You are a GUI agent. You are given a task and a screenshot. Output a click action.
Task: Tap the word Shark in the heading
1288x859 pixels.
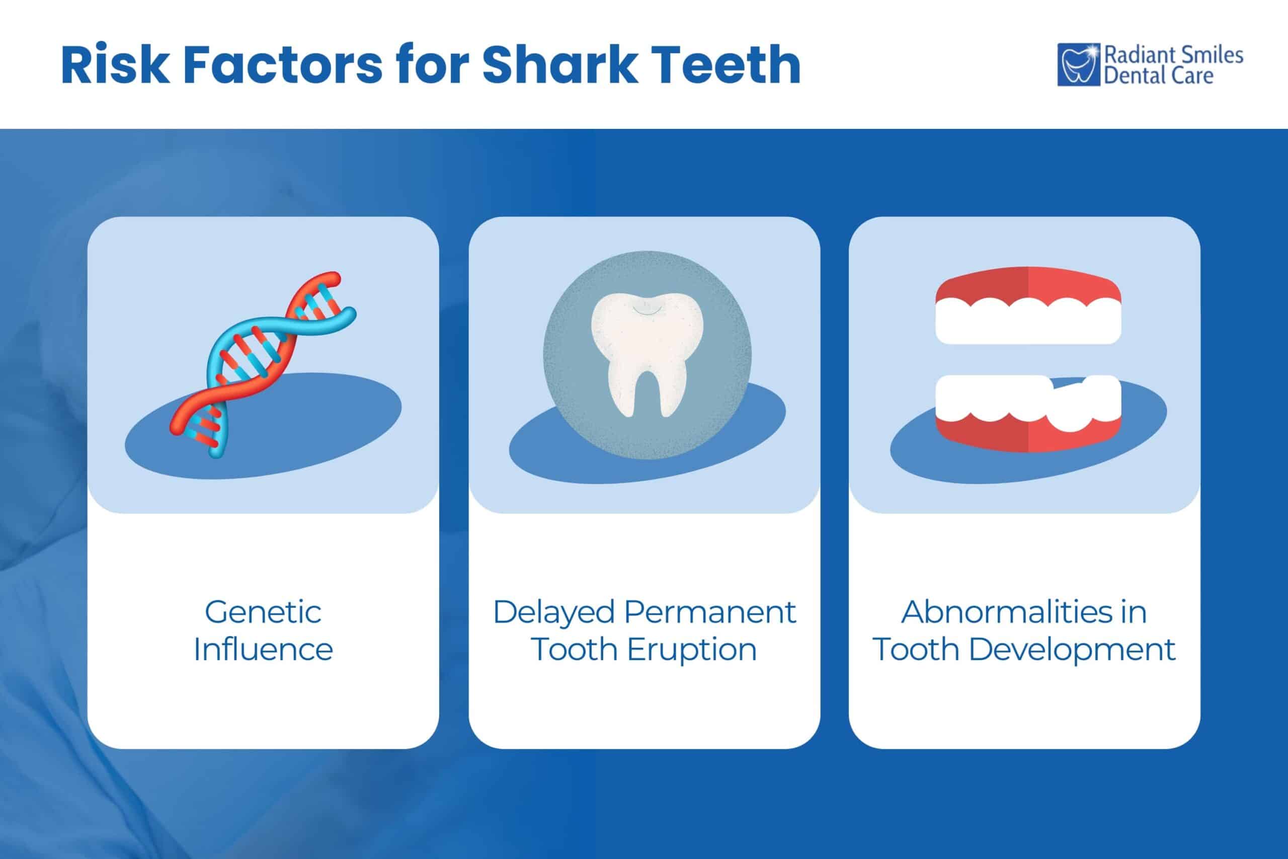(559, 66)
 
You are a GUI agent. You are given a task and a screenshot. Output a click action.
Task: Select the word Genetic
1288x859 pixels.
(263, 612)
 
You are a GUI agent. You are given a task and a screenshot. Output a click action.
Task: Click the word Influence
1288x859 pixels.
(263, 650)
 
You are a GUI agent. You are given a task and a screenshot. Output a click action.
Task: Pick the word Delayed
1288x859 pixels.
(553, 612)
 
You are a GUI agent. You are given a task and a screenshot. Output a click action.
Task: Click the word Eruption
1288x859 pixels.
(692, 650)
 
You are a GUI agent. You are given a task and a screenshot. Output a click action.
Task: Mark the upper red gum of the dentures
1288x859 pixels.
(1028, 280)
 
